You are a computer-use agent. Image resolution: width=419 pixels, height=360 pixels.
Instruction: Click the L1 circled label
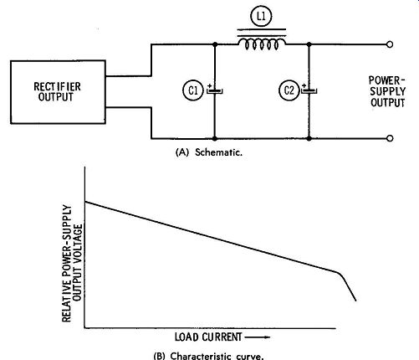(261, 16)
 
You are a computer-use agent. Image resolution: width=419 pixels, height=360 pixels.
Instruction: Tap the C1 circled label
(193, 90)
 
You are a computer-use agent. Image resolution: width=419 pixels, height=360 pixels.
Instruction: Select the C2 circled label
(289, 90)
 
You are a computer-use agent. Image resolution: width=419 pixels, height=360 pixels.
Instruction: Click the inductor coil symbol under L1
(262, 44)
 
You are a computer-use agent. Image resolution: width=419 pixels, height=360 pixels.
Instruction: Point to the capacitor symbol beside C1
(215, 91)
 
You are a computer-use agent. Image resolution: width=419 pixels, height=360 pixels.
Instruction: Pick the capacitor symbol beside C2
(309, 91)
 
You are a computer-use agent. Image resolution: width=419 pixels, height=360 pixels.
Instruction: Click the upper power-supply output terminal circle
(390, 44)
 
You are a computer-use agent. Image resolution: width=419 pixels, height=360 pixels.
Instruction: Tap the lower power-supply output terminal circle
(390, 138)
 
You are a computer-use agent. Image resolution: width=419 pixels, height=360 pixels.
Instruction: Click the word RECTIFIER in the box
(58, 86)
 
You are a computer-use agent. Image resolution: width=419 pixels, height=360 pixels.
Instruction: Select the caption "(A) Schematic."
(209, 152)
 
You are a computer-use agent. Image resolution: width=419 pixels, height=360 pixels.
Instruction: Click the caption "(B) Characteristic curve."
(208, 356)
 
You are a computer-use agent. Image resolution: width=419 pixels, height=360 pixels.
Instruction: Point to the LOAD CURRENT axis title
(208, 337)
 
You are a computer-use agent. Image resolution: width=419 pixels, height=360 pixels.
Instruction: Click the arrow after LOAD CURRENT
(258, 337)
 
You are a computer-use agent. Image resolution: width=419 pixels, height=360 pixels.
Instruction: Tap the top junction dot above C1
(215, 44)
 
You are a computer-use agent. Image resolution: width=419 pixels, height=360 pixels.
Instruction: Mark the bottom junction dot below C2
(309, 138)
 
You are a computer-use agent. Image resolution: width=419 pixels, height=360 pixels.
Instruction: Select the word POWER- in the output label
(386, 80)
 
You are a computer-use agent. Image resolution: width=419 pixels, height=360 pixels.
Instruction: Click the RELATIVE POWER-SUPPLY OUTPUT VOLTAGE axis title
(72, 263)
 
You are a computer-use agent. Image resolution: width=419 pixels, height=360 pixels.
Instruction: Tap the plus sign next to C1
(210, 85)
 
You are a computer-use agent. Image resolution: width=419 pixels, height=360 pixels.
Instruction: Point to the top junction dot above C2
(309, 44)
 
